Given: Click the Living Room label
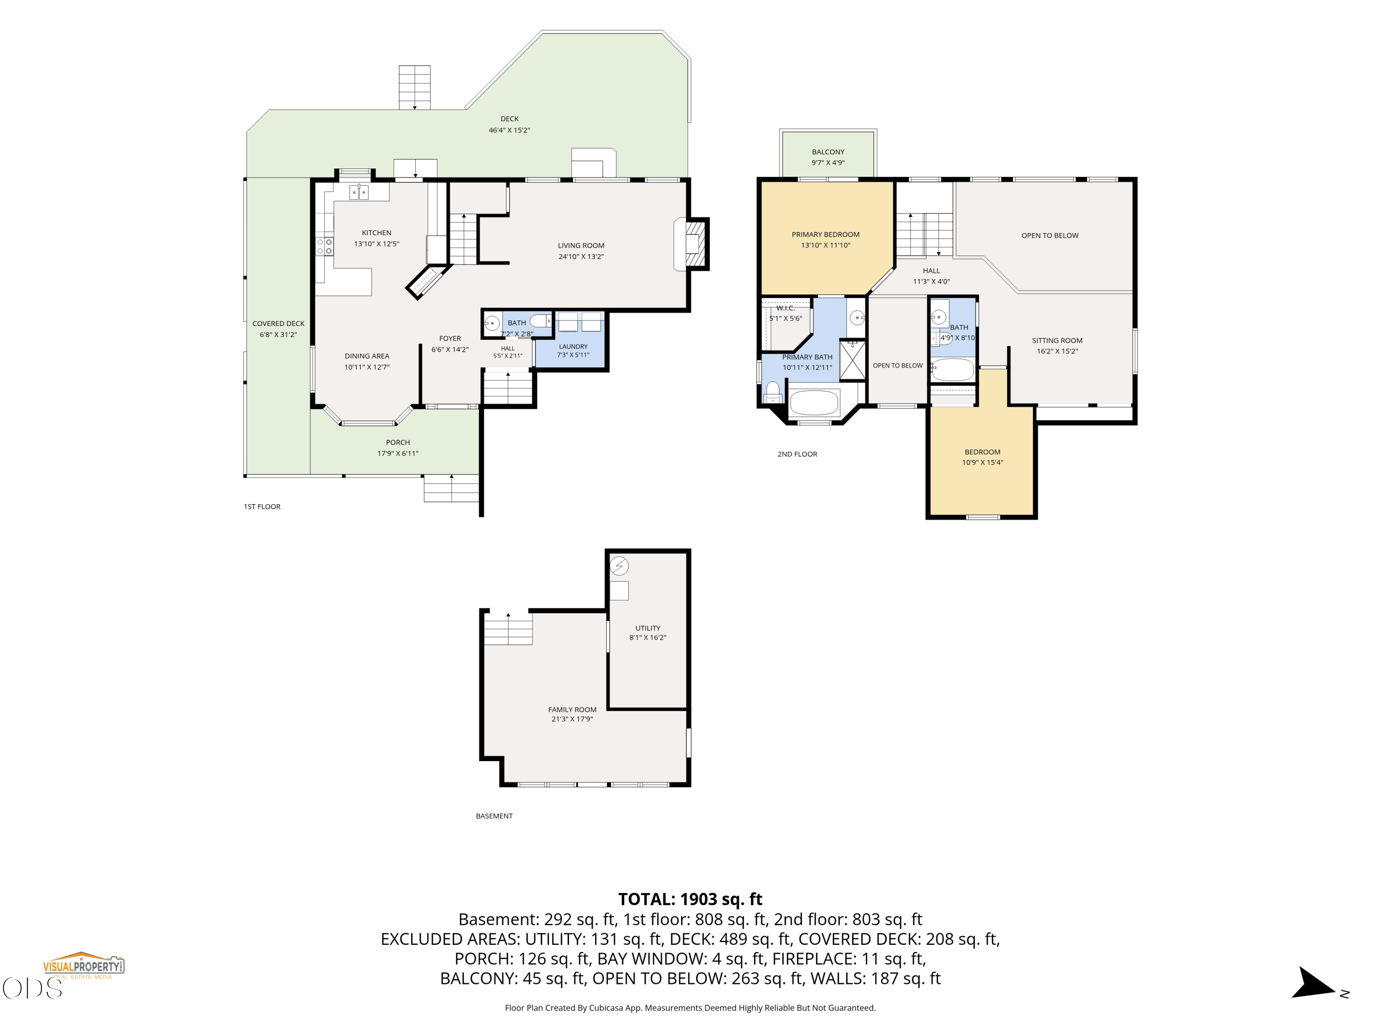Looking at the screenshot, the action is coord(580,245).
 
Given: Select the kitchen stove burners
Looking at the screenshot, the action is coord(324,246).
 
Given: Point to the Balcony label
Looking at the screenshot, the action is coord(828,152).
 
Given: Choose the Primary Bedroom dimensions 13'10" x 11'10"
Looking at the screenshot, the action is coord(825,245).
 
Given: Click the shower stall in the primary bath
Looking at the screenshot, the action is coord(852,360).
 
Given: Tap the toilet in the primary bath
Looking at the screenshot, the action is coord(773,393).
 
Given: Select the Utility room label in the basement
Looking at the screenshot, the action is coord(647,628).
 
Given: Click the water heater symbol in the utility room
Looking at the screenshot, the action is coord(619,566).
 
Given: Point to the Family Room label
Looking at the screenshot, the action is coord(572,710).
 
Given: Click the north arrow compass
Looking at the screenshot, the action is coord(1314,984).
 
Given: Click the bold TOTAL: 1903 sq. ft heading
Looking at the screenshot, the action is coord(690,899).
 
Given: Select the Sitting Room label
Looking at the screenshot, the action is coord(1057,340).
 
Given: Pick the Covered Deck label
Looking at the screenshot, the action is coord(278,324).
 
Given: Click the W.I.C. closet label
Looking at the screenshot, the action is coord(785,308).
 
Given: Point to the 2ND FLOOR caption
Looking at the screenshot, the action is coord(797,454).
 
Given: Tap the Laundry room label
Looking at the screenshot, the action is coord(573,347).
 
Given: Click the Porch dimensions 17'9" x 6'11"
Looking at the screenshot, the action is coord(398,454).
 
